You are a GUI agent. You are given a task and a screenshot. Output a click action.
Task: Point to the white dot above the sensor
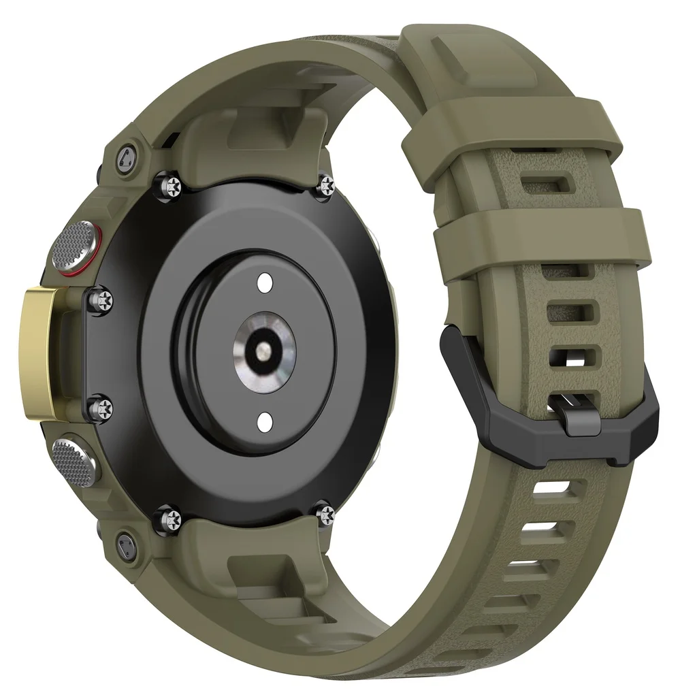[265, 281]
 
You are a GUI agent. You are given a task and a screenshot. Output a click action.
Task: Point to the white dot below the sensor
[265, 419]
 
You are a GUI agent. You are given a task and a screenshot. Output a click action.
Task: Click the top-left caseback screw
[169, 182]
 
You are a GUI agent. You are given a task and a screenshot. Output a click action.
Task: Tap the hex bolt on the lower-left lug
[125, 544]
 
